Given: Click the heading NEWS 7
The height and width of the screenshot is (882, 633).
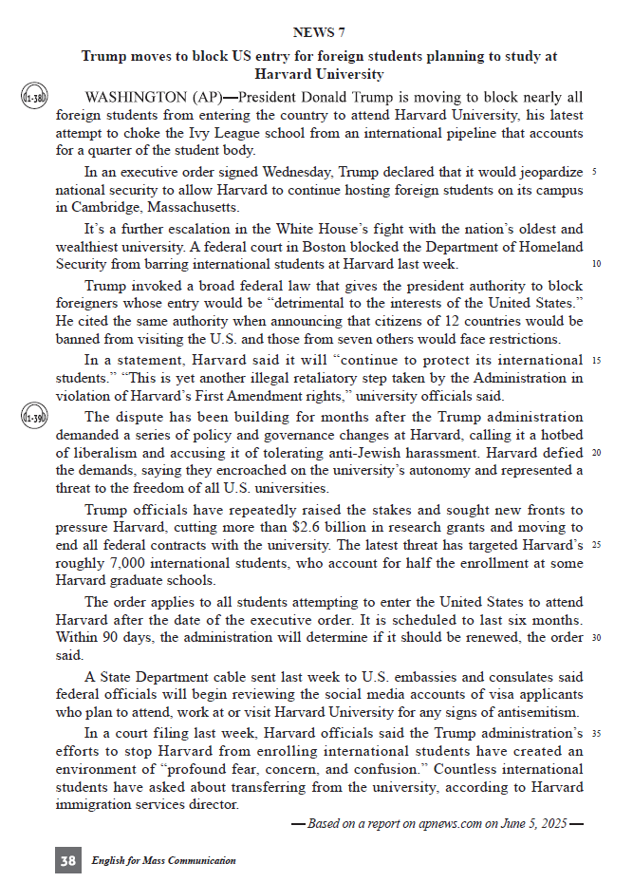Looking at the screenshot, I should point(319,32).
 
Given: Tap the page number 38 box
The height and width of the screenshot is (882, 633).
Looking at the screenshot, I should point(67,860).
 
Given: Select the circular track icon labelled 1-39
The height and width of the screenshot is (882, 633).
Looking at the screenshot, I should point(34,417).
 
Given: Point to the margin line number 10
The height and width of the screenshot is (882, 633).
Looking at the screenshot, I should point(595,264).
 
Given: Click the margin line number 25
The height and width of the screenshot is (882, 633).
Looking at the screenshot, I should point(595,545).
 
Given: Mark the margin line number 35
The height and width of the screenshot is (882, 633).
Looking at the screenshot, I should point(595,733).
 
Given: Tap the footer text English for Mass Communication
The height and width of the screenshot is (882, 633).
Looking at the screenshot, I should point(164,860).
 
